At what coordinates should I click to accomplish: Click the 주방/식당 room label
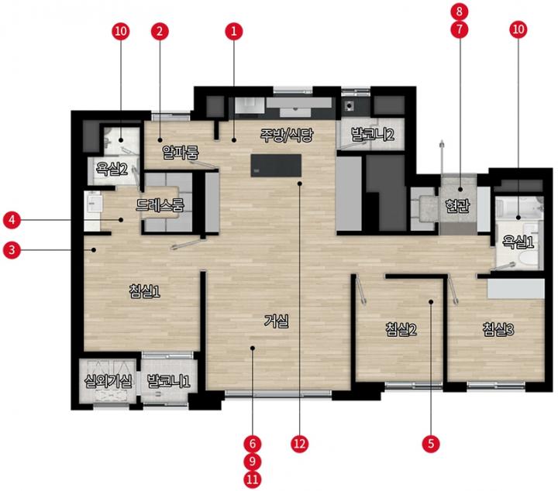(x=287, y=135)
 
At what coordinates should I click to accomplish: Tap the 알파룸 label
(x=181, y=152)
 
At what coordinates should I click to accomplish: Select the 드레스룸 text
(x=160, y=204)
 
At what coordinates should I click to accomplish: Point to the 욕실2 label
(x=112, y=169)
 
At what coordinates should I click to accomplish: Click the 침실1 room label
(x=144, y=291)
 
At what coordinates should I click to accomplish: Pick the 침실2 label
(x=401, y=329)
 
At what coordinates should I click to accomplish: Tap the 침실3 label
(x=498, y=329)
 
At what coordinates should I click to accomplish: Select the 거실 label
(x=277, y=321)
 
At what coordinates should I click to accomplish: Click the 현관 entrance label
(x=458, y=205)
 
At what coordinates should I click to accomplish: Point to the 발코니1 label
(x=169, y=381)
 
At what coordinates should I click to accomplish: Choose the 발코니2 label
(x=373, y=135)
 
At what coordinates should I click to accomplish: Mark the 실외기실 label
(x=108, y=381)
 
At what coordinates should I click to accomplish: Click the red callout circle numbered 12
(x=300, y=444)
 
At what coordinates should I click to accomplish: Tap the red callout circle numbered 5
(x=431, y=444)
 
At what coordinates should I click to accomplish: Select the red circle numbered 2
(x=160, y=31)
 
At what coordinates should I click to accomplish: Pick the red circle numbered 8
(x=460, y=12)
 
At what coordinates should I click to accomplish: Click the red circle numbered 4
(x=12, y=220)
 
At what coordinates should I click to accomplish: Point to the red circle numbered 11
(x=253, y=479)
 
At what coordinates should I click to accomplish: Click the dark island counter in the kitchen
(x=276, y=165)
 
